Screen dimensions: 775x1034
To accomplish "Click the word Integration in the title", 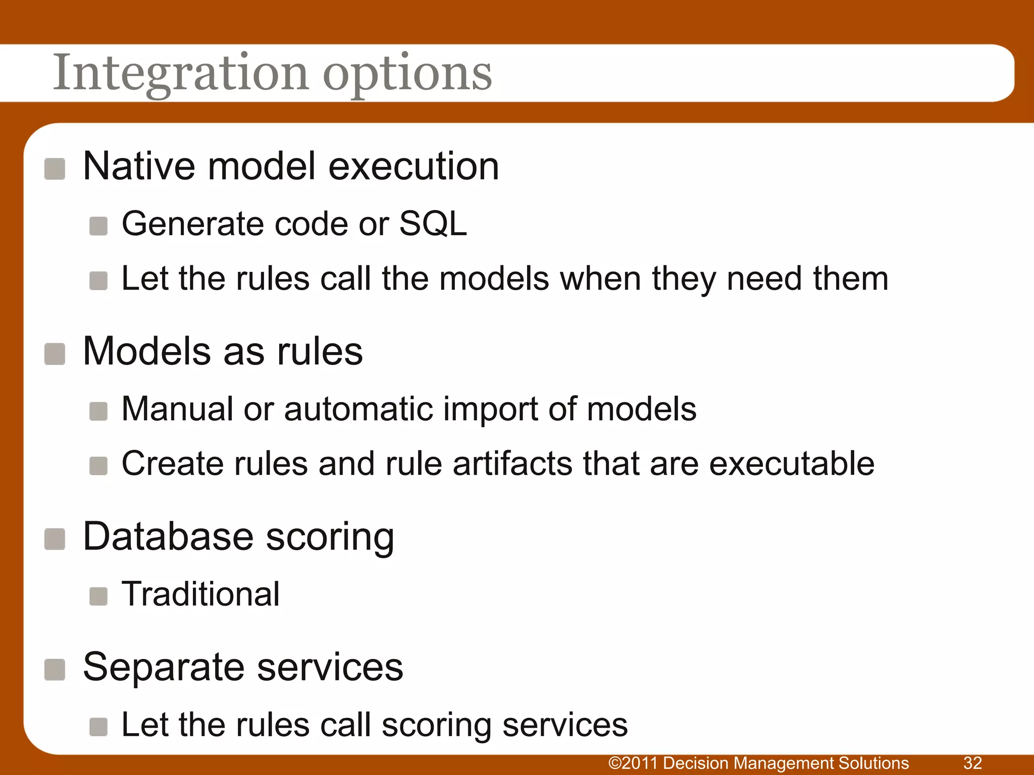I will [180, 73].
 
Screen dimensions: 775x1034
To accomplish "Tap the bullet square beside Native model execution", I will [55, 169].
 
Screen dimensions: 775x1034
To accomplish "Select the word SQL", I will [433, 224].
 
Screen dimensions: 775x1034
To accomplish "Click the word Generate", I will [193, 224].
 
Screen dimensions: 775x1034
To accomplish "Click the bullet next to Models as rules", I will [55, 354].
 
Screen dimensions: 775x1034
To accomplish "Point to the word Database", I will [168, 536].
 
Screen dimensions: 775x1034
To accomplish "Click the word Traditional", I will [200, 594].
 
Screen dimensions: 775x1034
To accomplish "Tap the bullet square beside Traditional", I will [98, 596].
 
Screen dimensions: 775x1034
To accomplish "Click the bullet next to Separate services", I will [55, 670].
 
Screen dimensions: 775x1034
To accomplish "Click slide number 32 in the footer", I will [972, 762].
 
